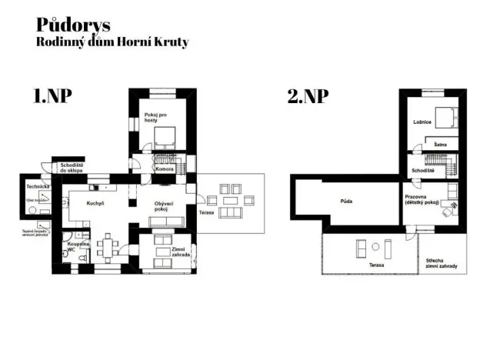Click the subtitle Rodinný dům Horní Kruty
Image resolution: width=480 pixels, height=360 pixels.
click(112, 42)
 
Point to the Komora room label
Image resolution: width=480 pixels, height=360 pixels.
click(164, 168)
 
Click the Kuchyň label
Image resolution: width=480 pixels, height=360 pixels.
click(95, 203)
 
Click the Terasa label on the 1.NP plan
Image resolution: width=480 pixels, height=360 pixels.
click(207, 211)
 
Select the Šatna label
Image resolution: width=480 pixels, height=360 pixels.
click(440, 144)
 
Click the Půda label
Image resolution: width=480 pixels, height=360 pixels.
click(346, 202)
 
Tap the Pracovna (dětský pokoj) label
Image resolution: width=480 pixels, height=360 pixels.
click(421, 199)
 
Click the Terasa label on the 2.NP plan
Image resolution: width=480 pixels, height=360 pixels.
click(376, 265)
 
